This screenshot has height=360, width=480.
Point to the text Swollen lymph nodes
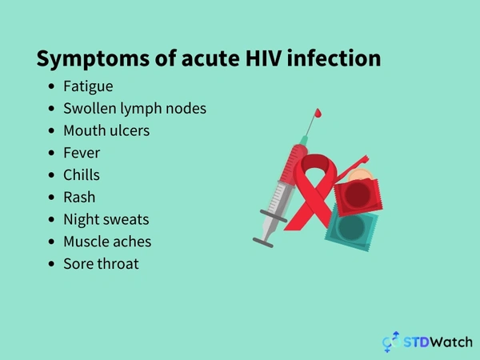[134, 108]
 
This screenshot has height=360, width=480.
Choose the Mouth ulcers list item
[106, 130]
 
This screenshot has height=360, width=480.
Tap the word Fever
[82, 152]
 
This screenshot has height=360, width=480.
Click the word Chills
[82, 174]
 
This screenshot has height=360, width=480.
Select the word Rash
[79, 196]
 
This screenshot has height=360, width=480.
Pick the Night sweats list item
[106, 218]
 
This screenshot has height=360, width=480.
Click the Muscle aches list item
[107, 241]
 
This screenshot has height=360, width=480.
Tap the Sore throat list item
[101, 263]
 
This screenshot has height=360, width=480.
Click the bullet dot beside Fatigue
[52, 86]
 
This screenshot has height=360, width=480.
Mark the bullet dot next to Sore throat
[52, 264]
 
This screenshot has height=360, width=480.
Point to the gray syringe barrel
[275, 196]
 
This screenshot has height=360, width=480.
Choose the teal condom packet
[349, 228]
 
